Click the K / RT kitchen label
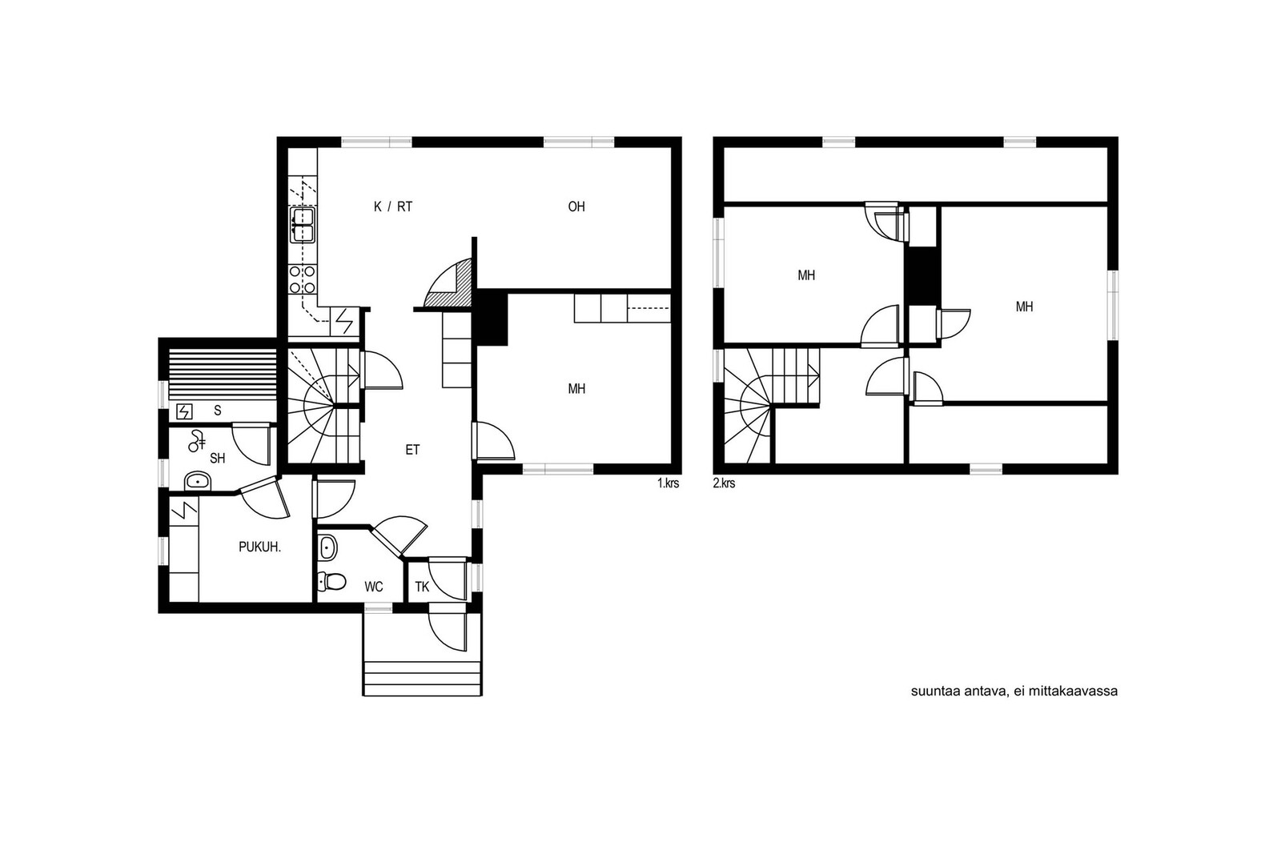(393, 207)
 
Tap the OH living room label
(576, 207)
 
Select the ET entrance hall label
(412, 450)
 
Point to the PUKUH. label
(259, 547)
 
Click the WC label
(373, 587)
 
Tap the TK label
(422, 587)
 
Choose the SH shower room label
(217, 459)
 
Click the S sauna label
(217, 411)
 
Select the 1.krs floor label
(668, 483)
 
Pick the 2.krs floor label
(724, 483)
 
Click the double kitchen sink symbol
(303, 225)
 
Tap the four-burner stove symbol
(303, 279)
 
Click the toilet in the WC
(331, 582)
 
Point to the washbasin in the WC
(327, 547)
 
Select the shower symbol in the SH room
(197, 440)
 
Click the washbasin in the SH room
(198, 482)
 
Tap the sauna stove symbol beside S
(185, 411)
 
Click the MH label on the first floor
(576, 389)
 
